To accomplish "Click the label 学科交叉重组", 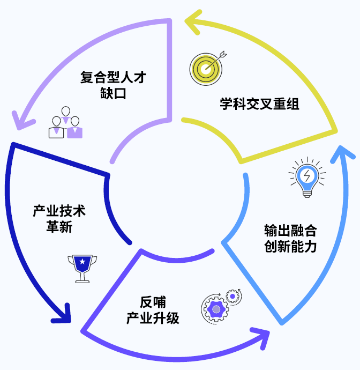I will pos(260,103).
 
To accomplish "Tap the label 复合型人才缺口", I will pos(112,85).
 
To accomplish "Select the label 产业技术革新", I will pos(59,219).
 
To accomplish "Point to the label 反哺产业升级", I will pos(152,309).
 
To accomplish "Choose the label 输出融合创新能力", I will pos(290,239).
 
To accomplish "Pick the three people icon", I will pos(65,124).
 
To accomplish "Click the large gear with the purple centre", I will pos(215,308).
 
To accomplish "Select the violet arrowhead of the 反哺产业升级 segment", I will pos(262,336).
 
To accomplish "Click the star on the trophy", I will pos(82,263).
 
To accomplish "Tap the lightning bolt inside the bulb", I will pos(307,175).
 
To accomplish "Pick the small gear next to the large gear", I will pos(232,295).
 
